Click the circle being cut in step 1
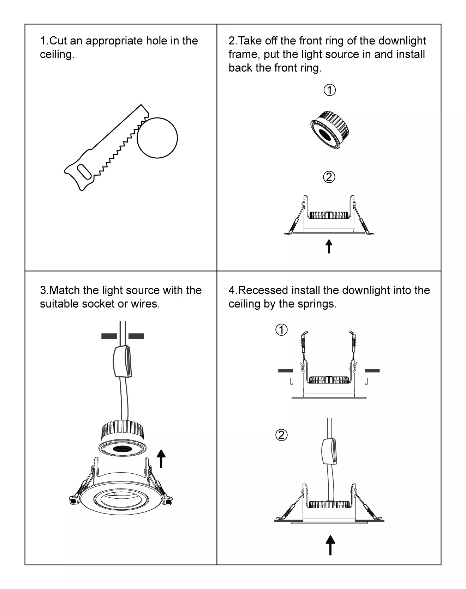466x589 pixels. pyautogui.click(x=157, y=138)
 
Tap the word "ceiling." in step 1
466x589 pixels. pyautogui.click(x=57, y=55)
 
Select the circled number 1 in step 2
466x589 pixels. pyautogui.click(x=329, y=90)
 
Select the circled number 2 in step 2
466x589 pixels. pyautogui.click(x=329, y=177)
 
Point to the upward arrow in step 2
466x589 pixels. pyautogui.click(x=329, y=246)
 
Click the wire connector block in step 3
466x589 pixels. pyautogui.click(x=123, y=362)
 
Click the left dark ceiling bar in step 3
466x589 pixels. pyautogui.click(x=109, y=336)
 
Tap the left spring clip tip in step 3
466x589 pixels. pyautogui.click(x=73, y=500)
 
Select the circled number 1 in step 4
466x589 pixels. pyautogui.click(x=281, y=330)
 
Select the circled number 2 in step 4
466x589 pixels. pyautogui.click(x=281, y=435)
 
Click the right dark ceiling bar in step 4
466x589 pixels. pyautogui.click(x=372, y=371)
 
